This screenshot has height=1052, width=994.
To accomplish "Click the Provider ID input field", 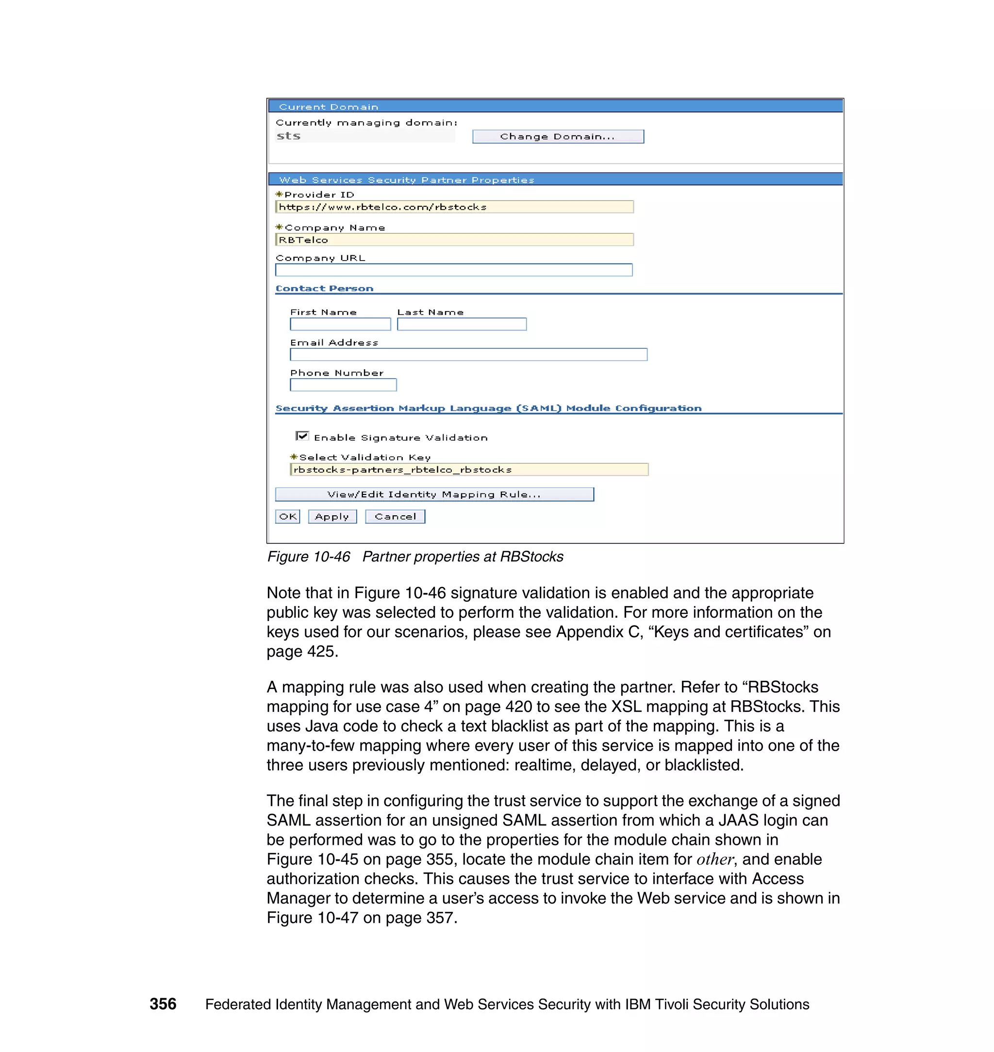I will pos(454,207).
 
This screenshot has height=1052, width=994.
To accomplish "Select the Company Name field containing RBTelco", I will pos(454,240).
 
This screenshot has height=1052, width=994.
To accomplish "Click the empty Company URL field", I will pos(453,270).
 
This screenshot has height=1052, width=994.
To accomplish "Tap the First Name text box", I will pos(340,324).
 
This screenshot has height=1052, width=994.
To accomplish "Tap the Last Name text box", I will pos(462,324).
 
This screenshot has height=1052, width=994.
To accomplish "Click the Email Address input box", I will pos(468,354).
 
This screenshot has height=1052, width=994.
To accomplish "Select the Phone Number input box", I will pos(343,385).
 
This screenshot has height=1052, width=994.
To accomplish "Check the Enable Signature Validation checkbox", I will pos(302,436).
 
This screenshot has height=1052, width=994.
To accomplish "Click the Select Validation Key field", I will pos(469,470).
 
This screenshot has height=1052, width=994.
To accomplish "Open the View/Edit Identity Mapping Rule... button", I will pos(434,494).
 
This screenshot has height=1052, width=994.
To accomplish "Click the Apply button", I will pos(332,516).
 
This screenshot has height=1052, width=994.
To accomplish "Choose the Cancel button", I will pos(395,516).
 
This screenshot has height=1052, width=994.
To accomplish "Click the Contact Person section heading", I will pos(324,289).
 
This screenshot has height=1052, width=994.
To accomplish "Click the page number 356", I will pos(163,1004).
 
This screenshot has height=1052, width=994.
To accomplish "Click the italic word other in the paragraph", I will pos(714,859).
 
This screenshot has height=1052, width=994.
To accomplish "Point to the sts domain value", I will pos(289,136).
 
